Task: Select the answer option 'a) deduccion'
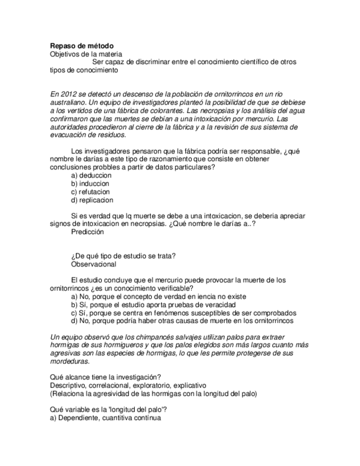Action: click(x=91, y=175)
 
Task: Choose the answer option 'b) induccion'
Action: click(x=90, y=184)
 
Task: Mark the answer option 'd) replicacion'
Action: click(x=92, y=200)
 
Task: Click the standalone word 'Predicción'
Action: click(x=87, y=232)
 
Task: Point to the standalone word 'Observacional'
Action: click(x=93, y=264)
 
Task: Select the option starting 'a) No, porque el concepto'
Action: click(x=158, y=296)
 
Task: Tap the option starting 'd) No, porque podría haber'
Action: click(x=182, y=321)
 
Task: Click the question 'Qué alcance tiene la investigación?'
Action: click(x=105, y=376)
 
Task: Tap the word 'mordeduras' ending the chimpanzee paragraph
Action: click(x=70, y=362)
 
